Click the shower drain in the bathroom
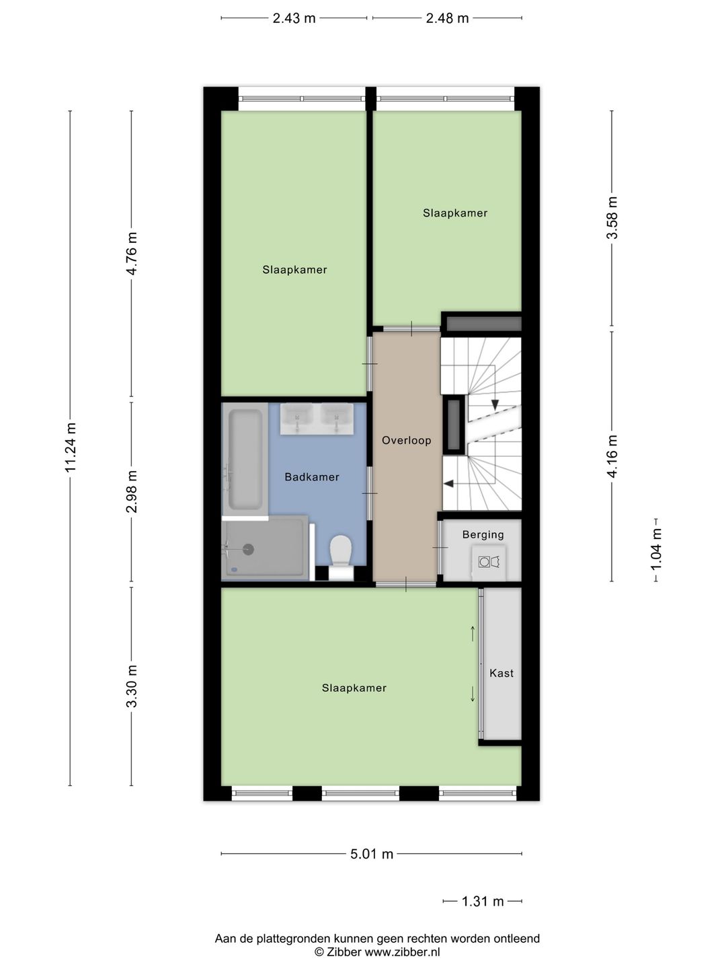[x=248, y=549]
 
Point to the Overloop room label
[x=407, y=440]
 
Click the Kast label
[x=501, y=673]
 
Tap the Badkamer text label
[x=312, y=477]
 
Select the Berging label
[x=483, y=534]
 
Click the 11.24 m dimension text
[x=71, y=447]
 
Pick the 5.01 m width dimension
[x=372, y=854]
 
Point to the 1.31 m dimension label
[x=482, y=901]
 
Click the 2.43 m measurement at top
[x=294, y=18]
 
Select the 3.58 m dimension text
[x=612, y=218]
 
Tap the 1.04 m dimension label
[x=657, y=550]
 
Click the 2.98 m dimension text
[x=132, y=492]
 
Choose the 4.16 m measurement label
[x=612, y=456]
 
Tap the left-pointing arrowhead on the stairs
[x=448, y=484]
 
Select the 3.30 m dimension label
[x=132, y=686]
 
